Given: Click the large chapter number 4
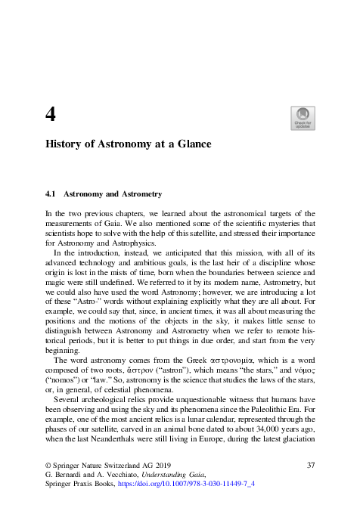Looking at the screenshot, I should point(51,115).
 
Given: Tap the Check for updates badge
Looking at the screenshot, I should point(303,119).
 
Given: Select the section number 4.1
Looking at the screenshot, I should point(52,194).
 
